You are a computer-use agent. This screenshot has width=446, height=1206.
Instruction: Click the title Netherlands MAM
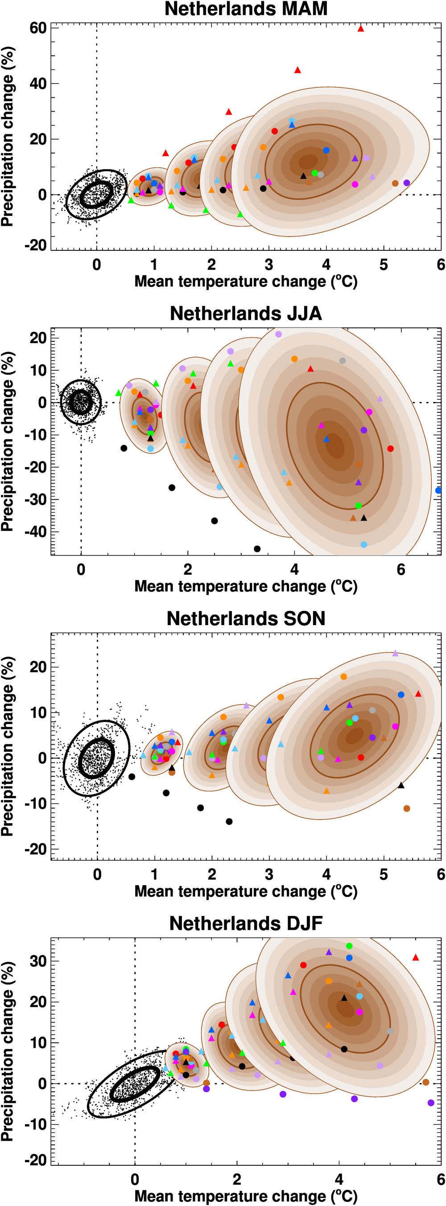pos(246,9)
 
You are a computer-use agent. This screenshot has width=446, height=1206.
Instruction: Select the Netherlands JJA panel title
pos(246,313)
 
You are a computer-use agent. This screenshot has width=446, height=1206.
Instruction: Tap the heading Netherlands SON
pos(246,618)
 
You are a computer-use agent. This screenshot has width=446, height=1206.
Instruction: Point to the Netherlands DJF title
pos(246,923)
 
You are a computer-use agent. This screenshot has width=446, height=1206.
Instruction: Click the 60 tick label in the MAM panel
pos(38,28)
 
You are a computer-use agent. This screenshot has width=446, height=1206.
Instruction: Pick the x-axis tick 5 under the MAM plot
pos(383,265)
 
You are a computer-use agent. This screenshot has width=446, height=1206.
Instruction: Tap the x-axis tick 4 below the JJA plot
pos(294,570)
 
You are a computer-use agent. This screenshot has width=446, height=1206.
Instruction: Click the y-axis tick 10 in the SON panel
pos(38,713)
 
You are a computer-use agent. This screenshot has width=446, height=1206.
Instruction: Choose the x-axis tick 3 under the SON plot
pos(268,874)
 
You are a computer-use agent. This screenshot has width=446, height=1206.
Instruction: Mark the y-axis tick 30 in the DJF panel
pos(38,961)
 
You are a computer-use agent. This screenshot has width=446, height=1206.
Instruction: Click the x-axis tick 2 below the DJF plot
pos(237,1179)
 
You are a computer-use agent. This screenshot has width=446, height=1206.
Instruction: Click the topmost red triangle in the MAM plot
pos(361,29)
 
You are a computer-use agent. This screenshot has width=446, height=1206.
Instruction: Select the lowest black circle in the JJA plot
pos(257,549)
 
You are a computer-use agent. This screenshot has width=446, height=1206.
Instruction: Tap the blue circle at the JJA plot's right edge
pos(438,490)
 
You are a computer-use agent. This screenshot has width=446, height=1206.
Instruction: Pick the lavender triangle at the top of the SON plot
pos(395,653)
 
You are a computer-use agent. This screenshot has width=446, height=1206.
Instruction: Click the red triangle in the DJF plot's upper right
pos(416,957)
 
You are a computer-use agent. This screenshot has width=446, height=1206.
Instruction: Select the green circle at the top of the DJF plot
pos(349,946)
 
